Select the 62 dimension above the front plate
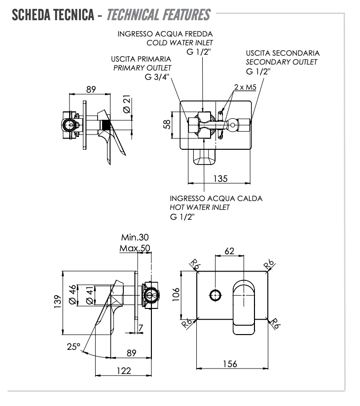(229, 251)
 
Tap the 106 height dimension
(176, 294)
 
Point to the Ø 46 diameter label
(72, 294)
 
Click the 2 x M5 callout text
(245, 87)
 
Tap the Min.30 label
(135, 237)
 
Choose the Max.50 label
(135, 247)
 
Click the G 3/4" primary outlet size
(157, 76)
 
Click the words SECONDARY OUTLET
(281, 62)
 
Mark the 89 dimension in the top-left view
(91, 89)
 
